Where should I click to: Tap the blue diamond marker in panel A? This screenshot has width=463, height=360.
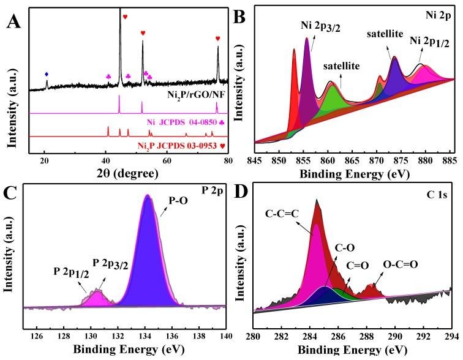point(47,74)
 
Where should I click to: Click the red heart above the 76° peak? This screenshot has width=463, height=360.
point(217,39)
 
